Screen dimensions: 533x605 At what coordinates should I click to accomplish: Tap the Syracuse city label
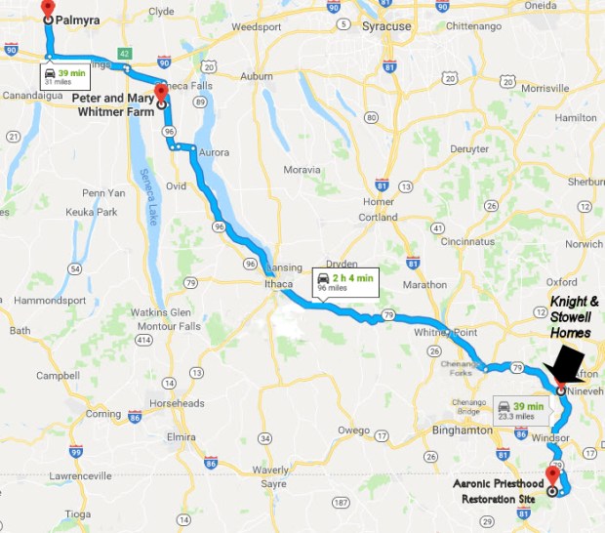tap(386, 26)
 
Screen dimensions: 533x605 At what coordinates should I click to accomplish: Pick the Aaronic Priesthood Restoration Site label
tap(501, 492)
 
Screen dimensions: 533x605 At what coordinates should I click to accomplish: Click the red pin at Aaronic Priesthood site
tap(552, 474)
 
